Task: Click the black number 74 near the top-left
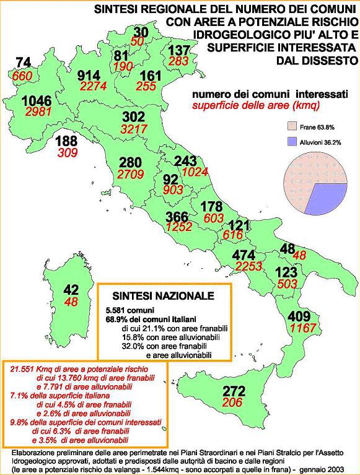click(x=23, y=62)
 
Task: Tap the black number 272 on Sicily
click(x=234, y=391)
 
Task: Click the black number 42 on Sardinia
click(x=72, y=290)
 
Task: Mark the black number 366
click(x=179, y=217)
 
